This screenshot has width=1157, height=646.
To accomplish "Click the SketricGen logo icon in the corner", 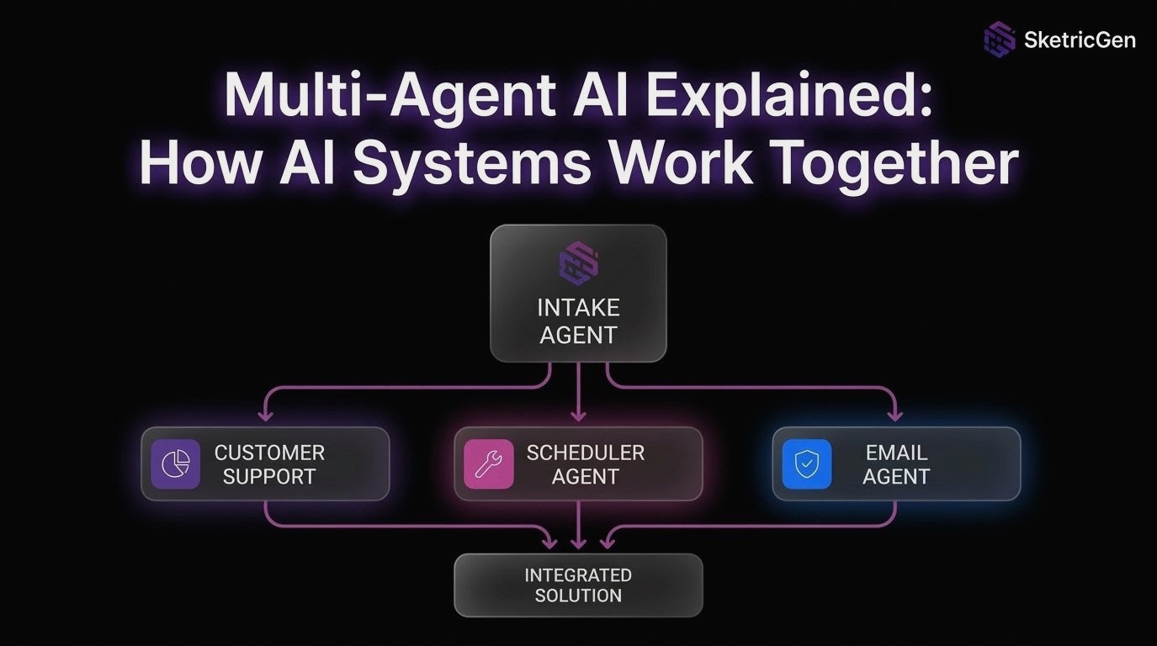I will click(1000, 39).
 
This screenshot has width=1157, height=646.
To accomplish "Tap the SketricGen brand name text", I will click(1080, 40).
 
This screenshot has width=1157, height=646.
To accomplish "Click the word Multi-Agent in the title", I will click(388, 97).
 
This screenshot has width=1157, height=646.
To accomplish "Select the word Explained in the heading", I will click(800, 97).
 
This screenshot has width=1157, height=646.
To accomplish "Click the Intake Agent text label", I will click(578, 321).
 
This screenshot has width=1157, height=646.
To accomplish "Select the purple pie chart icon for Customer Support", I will click(175, 463).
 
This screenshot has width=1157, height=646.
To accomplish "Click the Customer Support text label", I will click(269, 464).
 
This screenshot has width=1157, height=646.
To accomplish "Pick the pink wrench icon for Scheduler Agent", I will click(489, 463).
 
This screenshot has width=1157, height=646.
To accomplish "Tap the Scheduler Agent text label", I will click(586, 464).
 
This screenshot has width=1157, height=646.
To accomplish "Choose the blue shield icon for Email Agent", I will click(806, 463).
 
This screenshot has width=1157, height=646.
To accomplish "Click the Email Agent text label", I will click(896, 464).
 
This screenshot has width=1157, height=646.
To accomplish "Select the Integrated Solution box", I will click(578, 585).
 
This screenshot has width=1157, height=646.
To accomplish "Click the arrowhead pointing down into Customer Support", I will click(266, 414).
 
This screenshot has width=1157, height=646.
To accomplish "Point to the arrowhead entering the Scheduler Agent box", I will click(578, 414).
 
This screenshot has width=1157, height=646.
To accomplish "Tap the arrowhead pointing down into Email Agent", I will click(894, 414).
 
